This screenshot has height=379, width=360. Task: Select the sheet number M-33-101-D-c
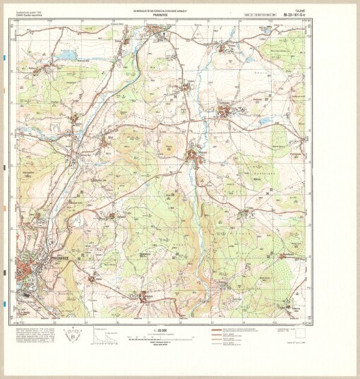[x=292, y=13]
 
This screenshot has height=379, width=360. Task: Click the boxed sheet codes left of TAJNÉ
[x=258, y=14]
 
